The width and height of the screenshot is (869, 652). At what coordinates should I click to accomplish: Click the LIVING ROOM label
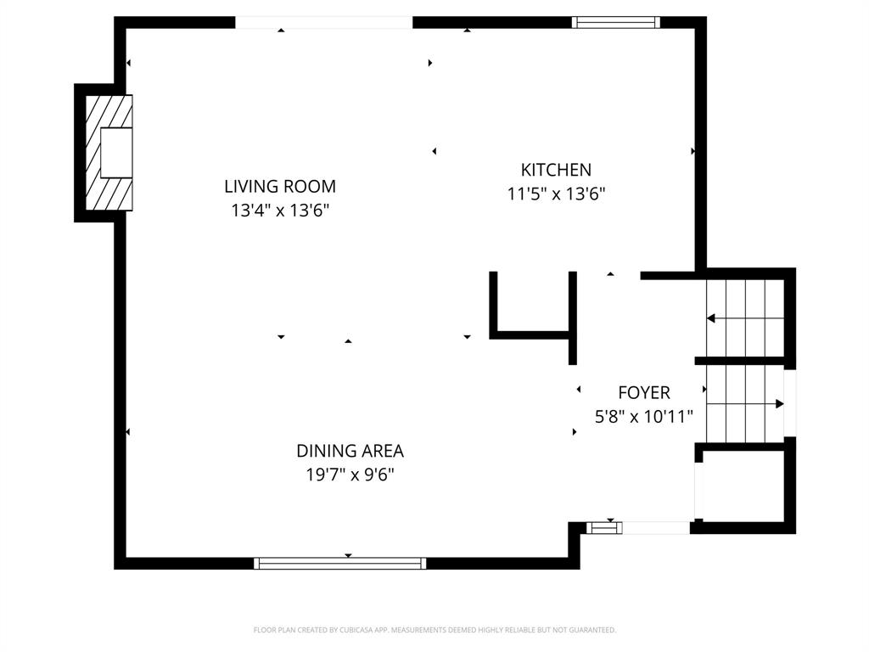(280, 186)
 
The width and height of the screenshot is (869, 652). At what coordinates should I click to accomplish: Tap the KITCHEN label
(556, 170)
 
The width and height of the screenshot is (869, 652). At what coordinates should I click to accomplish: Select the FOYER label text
(643, 392)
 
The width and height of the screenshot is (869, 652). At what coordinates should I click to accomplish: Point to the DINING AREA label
(350, 451)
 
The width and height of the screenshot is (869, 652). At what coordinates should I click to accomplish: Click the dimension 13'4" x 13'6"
(280, 210)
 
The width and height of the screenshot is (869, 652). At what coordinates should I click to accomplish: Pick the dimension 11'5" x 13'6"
(556, 194)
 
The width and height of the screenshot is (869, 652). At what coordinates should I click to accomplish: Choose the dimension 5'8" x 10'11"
(643, 416)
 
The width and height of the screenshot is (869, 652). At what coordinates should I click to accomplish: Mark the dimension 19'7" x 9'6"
(350, 475)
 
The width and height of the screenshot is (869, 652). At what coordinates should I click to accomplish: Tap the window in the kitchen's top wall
(616, 22)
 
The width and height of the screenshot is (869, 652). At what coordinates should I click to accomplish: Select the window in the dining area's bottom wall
(339, 563)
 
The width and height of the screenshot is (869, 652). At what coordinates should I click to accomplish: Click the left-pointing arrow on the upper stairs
(711, 318)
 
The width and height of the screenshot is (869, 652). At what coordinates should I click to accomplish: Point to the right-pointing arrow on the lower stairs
(779, 404)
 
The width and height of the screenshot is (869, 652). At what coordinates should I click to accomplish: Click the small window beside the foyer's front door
(603, 528)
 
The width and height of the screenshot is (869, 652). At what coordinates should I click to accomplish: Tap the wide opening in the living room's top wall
(323, 22)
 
